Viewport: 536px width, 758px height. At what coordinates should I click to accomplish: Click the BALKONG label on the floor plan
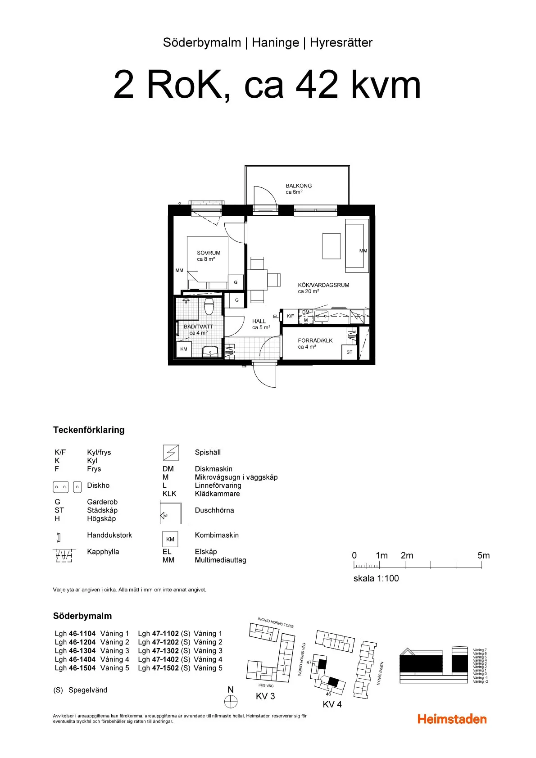pyautogui.click(x=298, y=186)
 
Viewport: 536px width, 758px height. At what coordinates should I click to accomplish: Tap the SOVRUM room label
pyautogui.click(x=209, y=253)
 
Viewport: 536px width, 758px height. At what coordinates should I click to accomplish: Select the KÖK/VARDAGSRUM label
pyautogui.click(x=323, y=285)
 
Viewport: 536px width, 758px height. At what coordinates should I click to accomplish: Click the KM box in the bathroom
pyautogui.click(x=184, y=349)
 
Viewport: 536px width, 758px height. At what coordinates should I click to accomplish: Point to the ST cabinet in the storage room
pyautogui.click(x=350, y=352)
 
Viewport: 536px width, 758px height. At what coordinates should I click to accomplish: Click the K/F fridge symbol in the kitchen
pyautogui.click(x=291, y=316)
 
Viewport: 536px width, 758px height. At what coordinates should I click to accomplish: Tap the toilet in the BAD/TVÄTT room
pyautogui.click(x=209, y=307)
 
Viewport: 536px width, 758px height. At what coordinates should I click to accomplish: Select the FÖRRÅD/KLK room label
pyautogui.click(x=315, y=340)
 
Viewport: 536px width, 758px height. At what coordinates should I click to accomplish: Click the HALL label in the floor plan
pyautogui.click(x=259, y=321)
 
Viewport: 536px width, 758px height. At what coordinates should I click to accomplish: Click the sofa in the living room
pyautogui.click(x=357, y=245)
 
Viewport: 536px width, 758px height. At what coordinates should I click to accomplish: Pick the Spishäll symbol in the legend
pyautogui.click(x=170, y=452)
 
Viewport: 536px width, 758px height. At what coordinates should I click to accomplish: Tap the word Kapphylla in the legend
pyautogui.click(x=103, y=552)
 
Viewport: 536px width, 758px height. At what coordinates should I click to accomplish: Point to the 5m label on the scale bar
pyautogui.click(x=483, y=555)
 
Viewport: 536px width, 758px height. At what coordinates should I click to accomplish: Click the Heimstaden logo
pyautogui.click(x=452, y=719)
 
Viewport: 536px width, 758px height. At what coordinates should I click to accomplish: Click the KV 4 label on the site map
pyautogui.click(x=332, y=704)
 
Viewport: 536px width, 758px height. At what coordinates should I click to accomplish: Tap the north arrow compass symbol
pyautogui.click(x=231, y=701)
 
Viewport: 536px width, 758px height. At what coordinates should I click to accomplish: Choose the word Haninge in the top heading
pyautogui.click(x=275, y=43)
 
